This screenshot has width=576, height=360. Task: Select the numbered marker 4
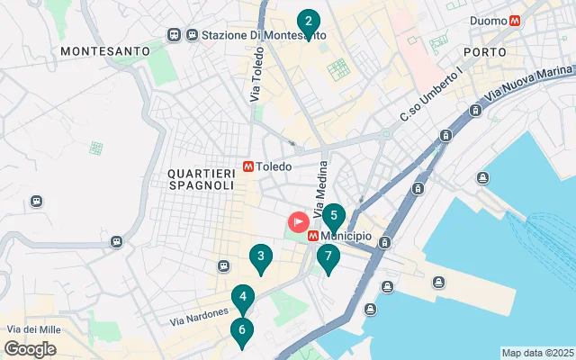tap(242, 297)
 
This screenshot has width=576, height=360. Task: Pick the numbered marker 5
tap(334, 217)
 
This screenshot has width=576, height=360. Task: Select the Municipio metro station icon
tap(312, 236)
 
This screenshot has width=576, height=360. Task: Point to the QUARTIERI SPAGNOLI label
tap(200, 178)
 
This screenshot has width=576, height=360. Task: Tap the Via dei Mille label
tap(33, 330)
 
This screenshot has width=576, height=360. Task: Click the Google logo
tap(30, 349)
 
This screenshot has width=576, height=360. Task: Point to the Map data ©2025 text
tap(536, 353)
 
